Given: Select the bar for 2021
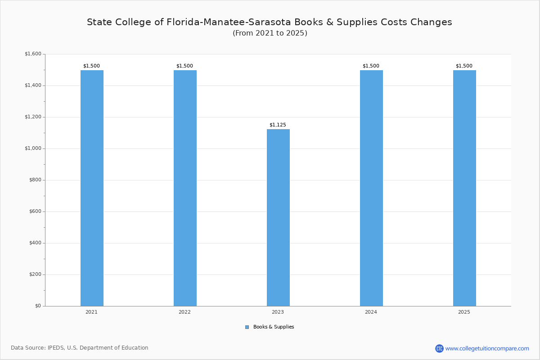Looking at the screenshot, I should [92, 188].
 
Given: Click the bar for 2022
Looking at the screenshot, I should [185, 188].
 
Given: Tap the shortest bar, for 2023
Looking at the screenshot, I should [278, 217].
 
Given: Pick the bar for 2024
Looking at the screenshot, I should [371, 188].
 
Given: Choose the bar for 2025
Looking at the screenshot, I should [464, 188].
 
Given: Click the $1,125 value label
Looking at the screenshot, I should [278, 125].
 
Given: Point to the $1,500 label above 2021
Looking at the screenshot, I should [91, 66].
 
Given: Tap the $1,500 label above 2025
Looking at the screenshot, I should [464, 66].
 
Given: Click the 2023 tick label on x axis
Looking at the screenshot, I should [278, 312].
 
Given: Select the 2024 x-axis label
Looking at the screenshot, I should [371, 312].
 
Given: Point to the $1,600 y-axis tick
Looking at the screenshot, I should [33, 54].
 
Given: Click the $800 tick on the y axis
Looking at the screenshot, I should [35, 180].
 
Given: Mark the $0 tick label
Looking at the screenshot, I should [38, 306].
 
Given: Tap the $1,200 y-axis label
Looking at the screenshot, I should [33, 117].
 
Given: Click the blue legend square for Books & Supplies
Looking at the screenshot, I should [247, 327].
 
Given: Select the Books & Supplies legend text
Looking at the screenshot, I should [274, 327].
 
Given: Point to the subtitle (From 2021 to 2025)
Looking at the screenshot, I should [270, 33].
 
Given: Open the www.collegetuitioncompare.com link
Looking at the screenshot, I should [487, 348].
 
